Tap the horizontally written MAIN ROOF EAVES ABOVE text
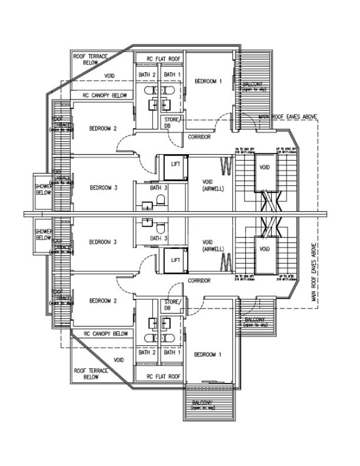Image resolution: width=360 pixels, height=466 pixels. coord(288,116)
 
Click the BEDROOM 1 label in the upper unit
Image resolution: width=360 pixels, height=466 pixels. coord(208,81)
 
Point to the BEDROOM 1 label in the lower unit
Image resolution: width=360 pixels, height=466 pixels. coord(208,354)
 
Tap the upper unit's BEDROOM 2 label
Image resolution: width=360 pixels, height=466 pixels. coord(103,128)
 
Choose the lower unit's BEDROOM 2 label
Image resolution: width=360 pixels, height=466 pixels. coord(103,301)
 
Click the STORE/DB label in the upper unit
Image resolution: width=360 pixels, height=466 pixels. coord(173,122)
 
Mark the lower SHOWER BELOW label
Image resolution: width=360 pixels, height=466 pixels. coord(43,234)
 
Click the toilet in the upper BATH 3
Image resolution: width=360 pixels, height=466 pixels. coord(160,200)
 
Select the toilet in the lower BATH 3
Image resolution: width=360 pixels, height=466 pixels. coord(160,228)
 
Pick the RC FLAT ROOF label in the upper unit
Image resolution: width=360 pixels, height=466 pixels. coord(164,59)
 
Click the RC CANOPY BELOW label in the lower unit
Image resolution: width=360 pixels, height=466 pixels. coord(106,334)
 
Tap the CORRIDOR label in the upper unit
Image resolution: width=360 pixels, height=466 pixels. coord(199,137)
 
